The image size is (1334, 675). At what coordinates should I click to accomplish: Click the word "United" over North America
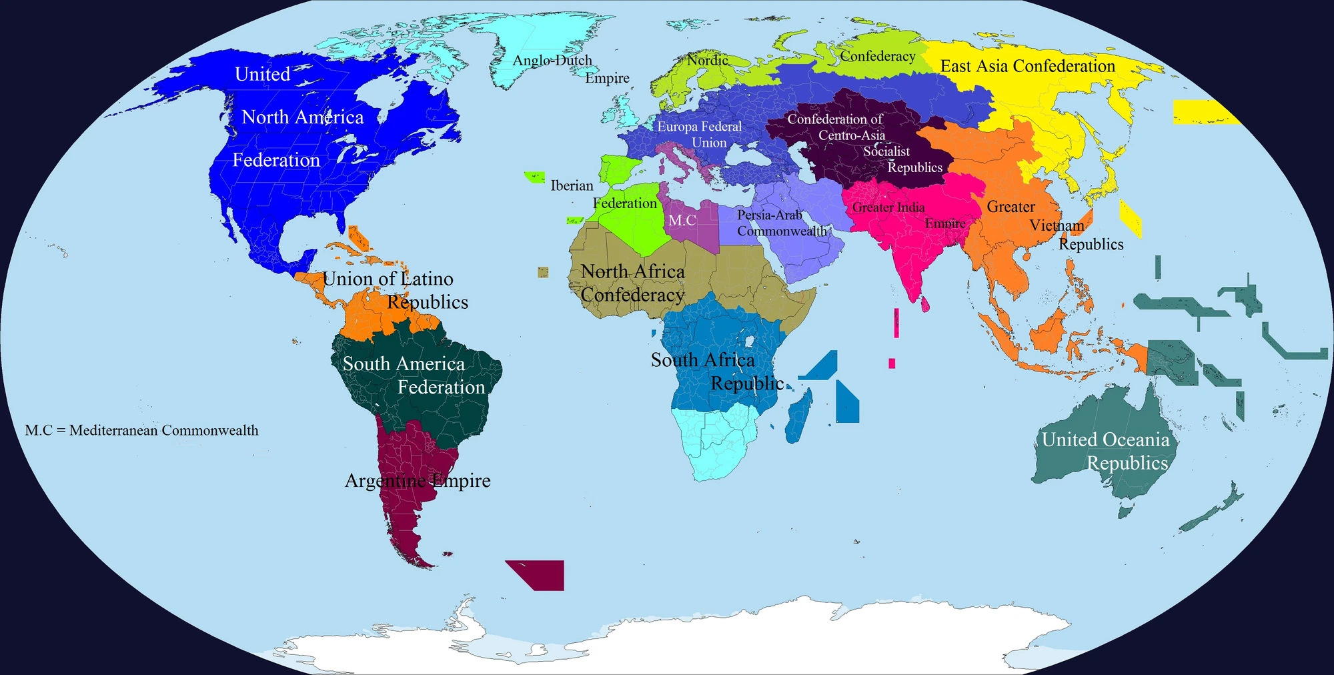point(262,74)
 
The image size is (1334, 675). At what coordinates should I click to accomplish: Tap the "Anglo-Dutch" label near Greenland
point(552,61)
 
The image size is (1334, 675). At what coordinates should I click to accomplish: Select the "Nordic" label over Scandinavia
point(708,60)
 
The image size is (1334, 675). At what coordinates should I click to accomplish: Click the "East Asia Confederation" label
point(1027,66)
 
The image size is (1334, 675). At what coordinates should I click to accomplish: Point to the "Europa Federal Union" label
point(700,134)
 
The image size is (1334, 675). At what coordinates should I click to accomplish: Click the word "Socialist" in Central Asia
point(886,151)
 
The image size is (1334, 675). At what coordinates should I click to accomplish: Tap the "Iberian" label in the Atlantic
point(572,185)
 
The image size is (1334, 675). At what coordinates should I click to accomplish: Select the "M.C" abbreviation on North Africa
point(682,220)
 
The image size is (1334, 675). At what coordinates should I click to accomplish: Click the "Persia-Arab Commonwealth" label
point(780,223)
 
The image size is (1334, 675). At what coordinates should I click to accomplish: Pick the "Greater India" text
point(888,207)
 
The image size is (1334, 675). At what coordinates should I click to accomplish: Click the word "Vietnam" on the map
point(1057,225)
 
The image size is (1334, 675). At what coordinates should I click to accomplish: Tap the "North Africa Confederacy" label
point(632,283)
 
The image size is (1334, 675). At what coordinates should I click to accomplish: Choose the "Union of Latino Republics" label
point(395,290)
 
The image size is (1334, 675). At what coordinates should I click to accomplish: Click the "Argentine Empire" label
point(418,480)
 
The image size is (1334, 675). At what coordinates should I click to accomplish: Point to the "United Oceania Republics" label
point(1105,451)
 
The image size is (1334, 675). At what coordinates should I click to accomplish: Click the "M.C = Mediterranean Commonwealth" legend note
point(141,430)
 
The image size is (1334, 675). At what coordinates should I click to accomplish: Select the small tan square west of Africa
point(544,272)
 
